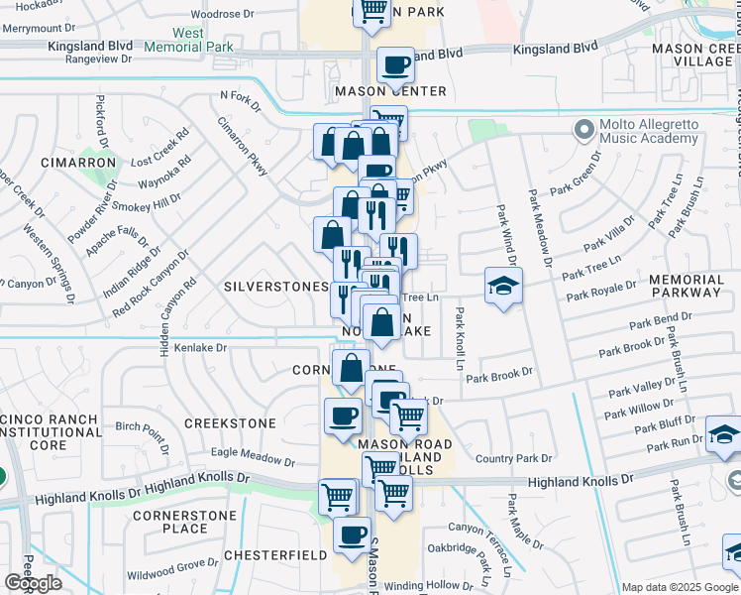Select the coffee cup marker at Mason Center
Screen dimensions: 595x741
click(x=394, y=65)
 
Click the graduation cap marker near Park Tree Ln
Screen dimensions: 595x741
click(x=503, y=286)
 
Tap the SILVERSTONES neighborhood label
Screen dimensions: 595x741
click(x=275, y=286)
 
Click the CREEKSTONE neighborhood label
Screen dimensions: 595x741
click(x=229, y=423)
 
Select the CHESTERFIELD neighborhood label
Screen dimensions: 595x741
click(x=274, y=555)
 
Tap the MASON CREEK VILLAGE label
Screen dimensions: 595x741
click(x=691, y=55)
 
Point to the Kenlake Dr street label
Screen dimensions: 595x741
click(x=201, y=348)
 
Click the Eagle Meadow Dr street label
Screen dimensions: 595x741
click(x=254, y=456)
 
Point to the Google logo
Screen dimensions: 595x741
click(x=33, y=583)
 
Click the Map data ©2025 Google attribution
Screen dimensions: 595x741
click(x=680, y=587)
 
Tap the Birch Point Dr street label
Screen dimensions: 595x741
click(x=143, y=427)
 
